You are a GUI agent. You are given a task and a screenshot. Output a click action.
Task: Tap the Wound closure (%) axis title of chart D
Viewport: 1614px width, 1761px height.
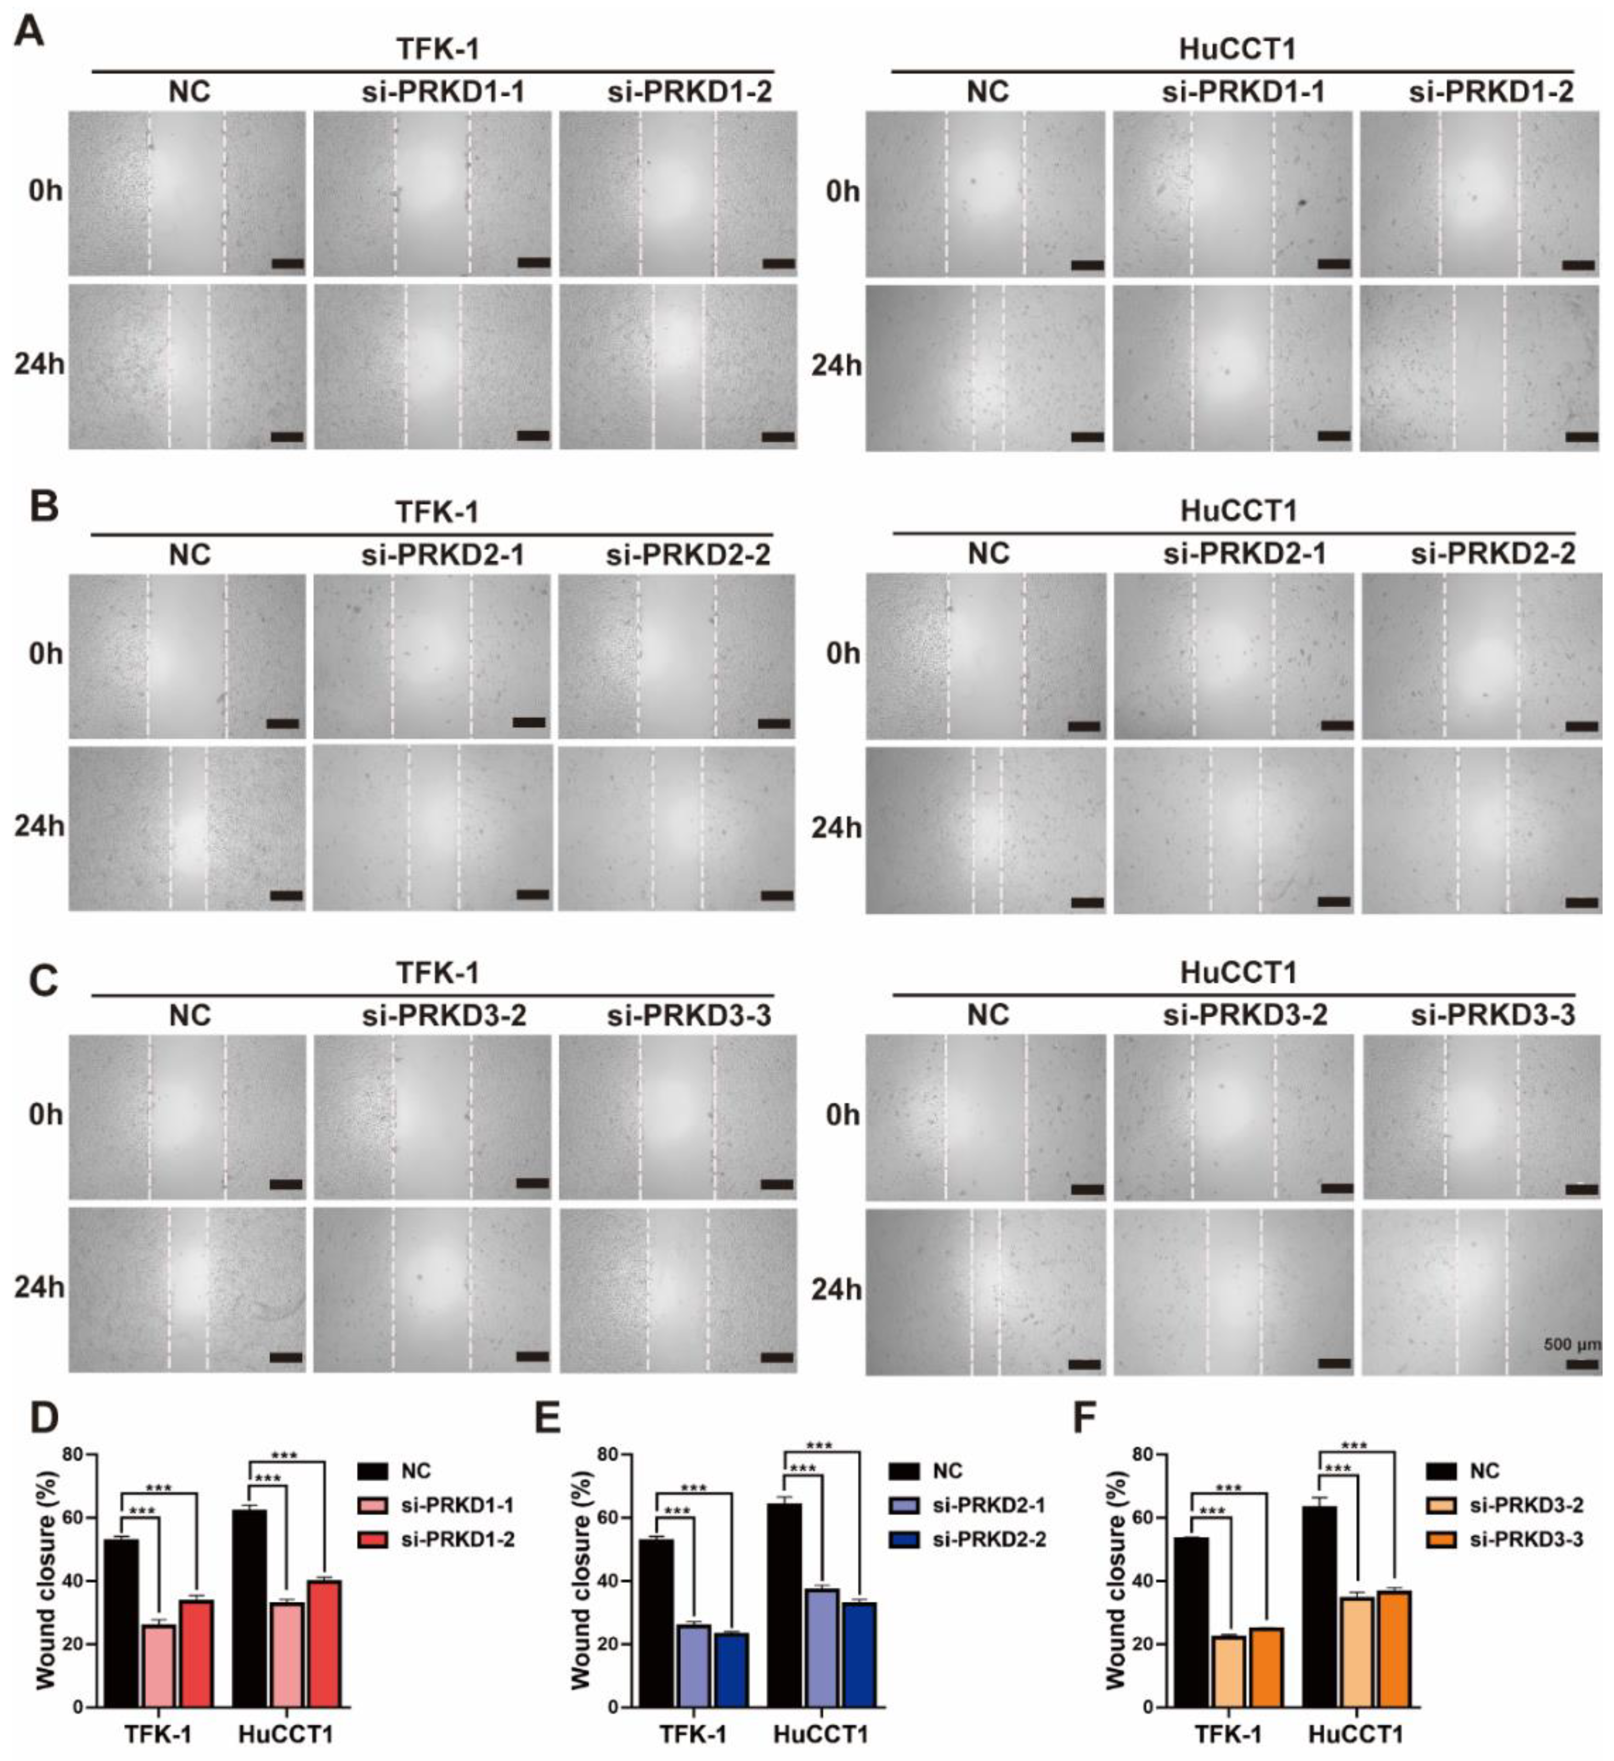[46, 1580]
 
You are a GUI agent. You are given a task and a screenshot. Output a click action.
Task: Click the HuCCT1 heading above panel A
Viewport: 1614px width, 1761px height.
[1237, 49]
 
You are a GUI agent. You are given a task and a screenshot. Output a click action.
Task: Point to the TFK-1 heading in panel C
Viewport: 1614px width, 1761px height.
[437, 972]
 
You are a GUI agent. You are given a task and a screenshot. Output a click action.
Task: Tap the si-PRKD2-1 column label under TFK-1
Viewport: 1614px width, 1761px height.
[443, 555]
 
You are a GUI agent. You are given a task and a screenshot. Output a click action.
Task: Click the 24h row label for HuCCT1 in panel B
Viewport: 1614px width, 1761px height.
[836, 827]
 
